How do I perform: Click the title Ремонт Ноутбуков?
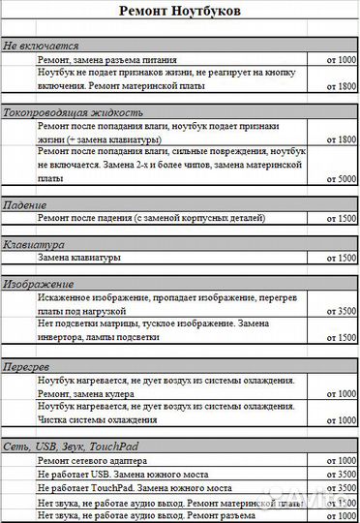click(x=180, y=12)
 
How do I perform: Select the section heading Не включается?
click(x=42, y=46)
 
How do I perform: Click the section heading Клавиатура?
click(x=34, y=244)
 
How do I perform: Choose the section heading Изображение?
click(x=39, y=284)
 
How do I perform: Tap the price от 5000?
click(x=342, y=179)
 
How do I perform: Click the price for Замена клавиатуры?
click(x=342, y=259)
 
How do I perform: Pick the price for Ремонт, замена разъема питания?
click(x=342, y=60)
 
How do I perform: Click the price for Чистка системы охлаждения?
click(x=342, y=421)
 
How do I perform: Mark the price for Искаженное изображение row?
click(x=342, y=312)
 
